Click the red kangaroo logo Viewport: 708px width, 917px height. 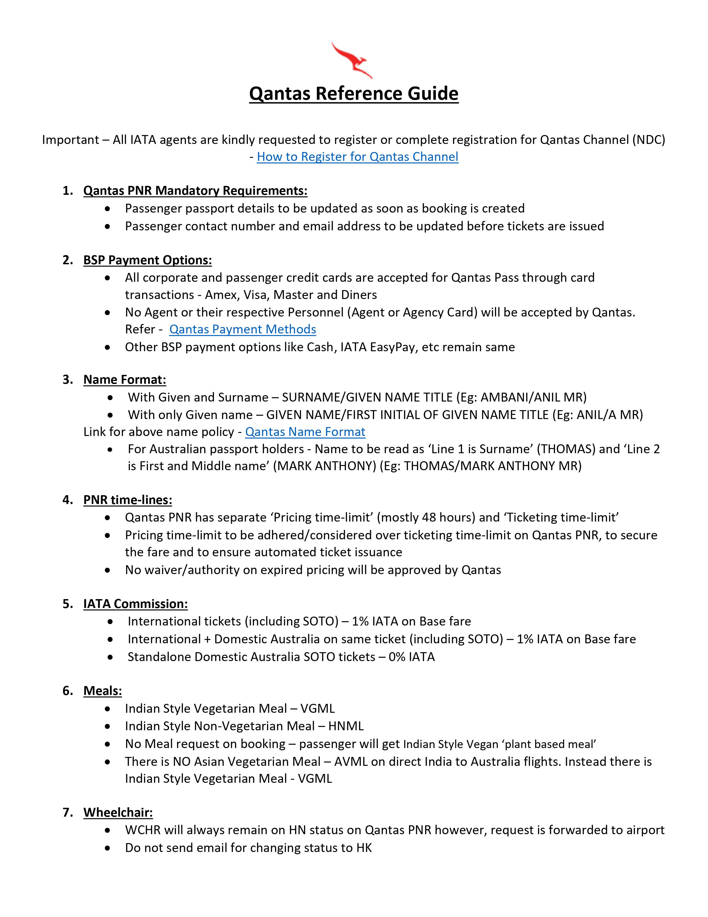pos(352,60)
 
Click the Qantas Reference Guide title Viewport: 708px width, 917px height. pos(353,93)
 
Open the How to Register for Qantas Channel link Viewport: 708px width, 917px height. pos(357,157)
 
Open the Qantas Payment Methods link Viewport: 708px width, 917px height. pos(242,329)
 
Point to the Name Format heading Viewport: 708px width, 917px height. pos(125,380)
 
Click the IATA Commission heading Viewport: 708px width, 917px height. pos(135,604)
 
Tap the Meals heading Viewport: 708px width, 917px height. pos(102,691)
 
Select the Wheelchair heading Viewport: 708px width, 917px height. pos(118,813)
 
